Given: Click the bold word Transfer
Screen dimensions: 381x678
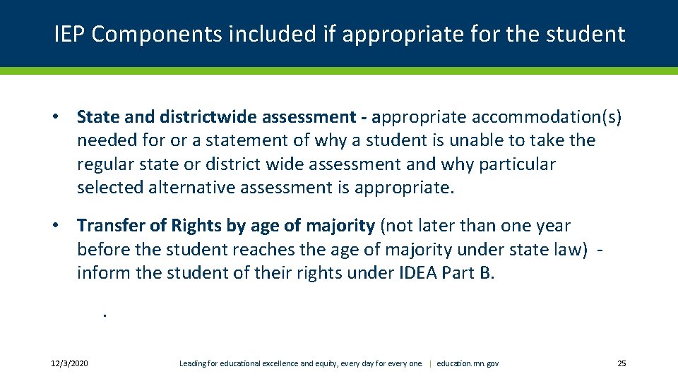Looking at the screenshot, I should point(111,226).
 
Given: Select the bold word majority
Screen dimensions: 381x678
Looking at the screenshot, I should point(340,226).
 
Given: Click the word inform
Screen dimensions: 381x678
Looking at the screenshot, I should point(103,273).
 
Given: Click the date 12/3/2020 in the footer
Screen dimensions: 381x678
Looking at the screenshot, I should point(69,363).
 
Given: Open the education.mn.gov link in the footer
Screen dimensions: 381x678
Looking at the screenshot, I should point(468,363).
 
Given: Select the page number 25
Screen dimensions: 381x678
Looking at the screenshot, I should point(621,363).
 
